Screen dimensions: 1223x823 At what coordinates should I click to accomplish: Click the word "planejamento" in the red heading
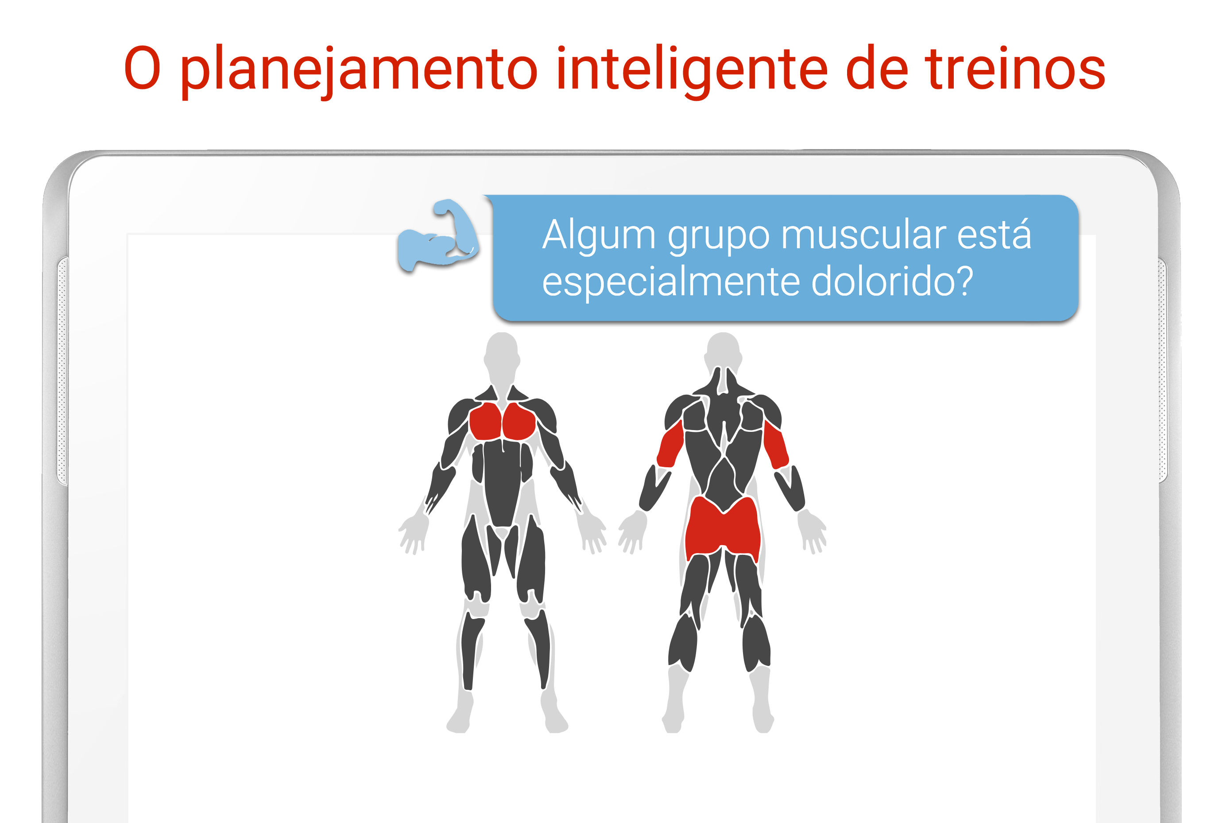coord(359,70)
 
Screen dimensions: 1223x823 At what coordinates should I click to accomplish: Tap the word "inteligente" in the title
coord(692,70)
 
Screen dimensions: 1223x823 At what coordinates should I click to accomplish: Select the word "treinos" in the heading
coord(1016,68)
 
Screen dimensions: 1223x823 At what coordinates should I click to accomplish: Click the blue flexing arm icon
coord(438,236)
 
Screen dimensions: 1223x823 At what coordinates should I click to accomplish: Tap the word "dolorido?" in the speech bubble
coord(892,281)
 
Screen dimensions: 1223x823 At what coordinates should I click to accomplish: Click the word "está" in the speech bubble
coord(994,234)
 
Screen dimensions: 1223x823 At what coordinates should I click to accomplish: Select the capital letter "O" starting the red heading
coord(142,68)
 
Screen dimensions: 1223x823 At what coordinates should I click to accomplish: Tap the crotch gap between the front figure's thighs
coord(503,533)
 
